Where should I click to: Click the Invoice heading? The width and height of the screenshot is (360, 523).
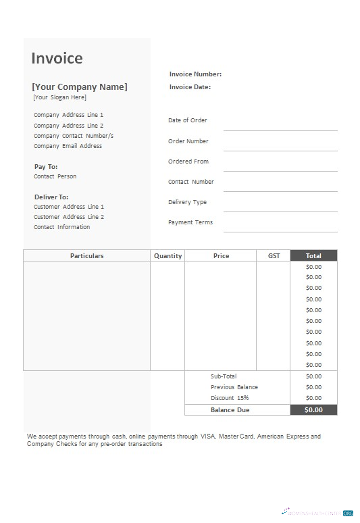pos(57,58)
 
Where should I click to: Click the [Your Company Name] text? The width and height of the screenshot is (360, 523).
pos(80,86)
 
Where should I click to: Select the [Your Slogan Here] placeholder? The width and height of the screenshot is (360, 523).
pos(60,97)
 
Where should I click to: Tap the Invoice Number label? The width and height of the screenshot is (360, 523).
pos(195,74)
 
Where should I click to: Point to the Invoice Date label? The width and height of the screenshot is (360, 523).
pos(190,87)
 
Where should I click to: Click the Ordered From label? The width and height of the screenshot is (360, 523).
pos(188,161)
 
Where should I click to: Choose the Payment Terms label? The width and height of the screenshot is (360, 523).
pos(190,222)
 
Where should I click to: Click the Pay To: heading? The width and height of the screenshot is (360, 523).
pos(46,166)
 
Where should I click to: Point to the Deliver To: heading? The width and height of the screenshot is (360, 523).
pos(51,197)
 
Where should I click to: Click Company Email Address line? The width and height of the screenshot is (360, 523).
pos(68,146)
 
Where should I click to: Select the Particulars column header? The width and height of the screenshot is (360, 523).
pos(86,256)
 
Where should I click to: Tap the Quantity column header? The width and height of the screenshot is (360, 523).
pos(168,256)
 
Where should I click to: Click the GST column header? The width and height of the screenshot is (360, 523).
pos(274,256)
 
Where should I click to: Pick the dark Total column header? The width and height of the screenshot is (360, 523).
pos(313,256)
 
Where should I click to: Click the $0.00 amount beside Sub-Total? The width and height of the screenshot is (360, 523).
pos(313,376)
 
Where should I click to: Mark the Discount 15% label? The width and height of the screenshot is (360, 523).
pos(230,398)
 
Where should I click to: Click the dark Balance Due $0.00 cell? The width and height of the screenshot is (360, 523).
pos(313,409)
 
